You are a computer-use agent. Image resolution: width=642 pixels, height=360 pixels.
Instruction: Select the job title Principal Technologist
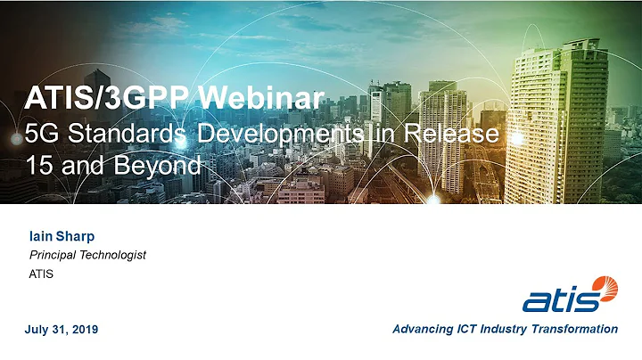pos(87,255)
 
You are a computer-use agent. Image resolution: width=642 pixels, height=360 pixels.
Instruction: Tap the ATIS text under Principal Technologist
pos(42,274)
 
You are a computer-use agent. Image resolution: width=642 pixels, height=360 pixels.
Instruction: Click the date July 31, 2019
pos(62,330)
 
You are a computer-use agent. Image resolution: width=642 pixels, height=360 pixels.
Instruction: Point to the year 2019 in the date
pos(83,330)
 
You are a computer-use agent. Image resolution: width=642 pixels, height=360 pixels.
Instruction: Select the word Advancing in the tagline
pos(423,329)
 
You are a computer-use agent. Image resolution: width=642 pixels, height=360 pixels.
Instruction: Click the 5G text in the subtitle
pos(40,135)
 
